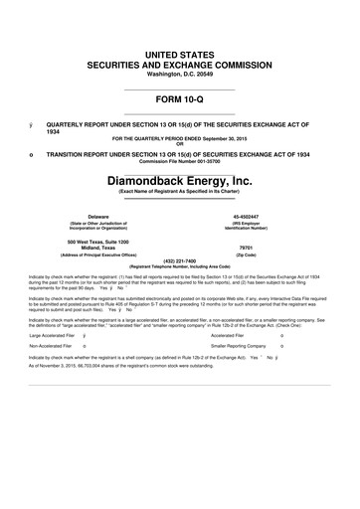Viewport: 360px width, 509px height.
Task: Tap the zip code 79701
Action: (248, 250)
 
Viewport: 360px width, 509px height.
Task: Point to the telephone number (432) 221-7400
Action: (180, 261)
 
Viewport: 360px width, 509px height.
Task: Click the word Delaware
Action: (98, 216)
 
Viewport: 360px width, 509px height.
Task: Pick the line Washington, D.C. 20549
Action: (180, 74)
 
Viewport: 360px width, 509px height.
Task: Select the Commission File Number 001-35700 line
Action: (180, 162)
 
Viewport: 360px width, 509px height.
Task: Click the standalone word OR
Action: (180, 143)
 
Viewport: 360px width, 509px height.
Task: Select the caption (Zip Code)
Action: (248, 256)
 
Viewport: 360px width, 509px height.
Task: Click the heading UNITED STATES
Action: (180, 50)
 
